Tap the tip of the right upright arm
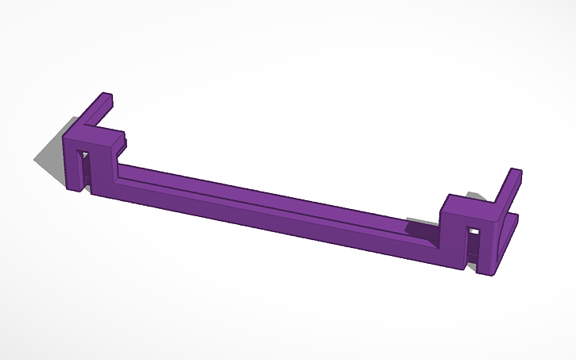click(x=515, y=172)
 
